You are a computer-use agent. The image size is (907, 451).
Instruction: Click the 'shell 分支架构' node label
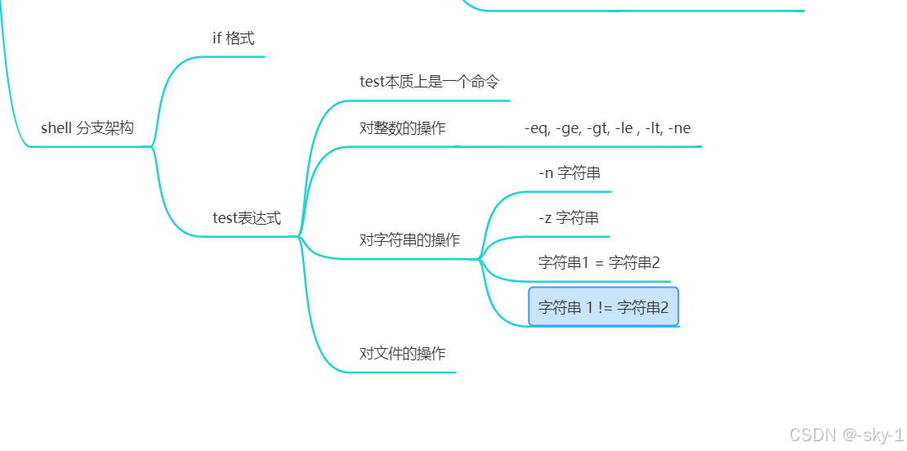87,128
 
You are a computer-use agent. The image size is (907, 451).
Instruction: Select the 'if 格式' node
233,38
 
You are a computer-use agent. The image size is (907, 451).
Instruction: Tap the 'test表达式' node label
246,218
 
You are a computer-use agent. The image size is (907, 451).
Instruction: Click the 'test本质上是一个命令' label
429,82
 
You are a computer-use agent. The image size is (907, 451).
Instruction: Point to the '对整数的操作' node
402,128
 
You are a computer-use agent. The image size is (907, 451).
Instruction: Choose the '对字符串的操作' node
409,240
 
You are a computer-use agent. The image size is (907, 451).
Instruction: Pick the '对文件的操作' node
402,354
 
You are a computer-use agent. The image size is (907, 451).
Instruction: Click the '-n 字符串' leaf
570,173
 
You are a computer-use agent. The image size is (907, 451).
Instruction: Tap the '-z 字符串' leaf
569,218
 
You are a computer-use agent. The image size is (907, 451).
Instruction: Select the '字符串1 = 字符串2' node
599,262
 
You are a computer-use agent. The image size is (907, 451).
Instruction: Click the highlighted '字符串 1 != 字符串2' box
603,307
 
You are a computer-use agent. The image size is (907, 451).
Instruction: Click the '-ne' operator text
679,128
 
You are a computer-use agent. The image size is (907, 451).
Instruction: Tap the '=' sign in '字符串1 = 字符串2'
599,262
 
